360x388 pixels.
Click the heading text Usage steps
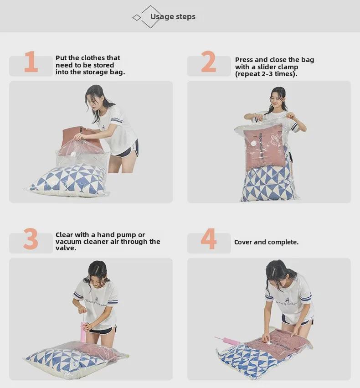pyautogui.click(x=173, y=17)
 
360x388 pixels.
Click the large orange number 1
pyautogui.click(x=31, y=62)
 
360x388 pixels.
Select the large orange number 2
pyautogui.click(x=208, y=62)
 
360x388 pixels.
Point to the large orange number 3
pyautogui.click(x=31, y=239)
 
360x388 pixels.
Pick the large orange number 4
pyautogui.click(x=208, y=239)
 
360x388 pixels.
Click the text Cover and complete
pyautogui.click(x=266, y=242)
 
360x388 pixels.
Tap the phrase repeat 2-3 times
pyautogui.click(x=266, y=74)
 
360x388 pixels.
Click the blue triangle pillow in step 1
pyautogui.click(x=68, y=180)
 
